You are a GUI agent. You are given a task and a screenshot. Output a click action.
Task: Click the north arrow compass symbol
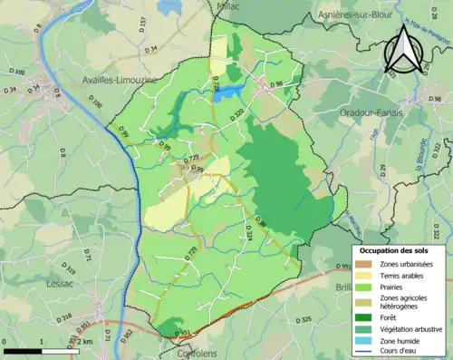pos(402,50)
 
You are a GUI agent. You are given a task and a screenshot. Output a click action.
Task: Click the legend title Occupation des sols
pos(392,249)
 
